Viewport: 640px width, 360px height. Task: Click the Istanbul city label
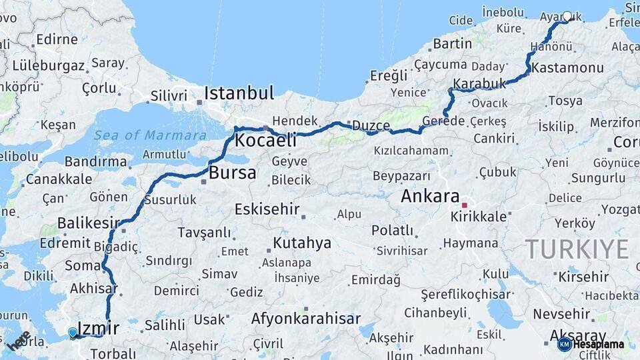[239, 93]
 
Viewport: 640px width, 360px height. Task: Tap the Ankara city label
[430, 197]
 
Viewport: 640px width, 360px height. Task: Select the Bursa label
[232, 173]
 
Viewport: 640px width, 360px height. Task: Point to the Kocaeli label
[265, 141]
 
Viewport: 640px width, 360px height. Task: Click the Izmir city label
[98, 328]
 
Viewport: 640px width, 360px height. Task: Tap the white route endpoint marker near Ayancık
[567, 17]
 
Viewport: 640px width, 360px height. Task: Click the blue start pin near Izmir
[73, 332]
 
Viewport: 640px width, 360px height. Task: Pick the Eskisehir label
[267, 209]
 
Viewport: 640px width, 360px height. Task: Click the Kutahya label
[302, 243]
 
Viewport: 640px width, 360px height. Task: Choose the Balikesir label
[88, 223]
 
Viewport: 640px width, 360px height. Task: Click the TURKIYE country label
[577, 249]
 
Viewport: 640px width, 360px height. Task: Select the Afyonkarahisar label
[305, 319]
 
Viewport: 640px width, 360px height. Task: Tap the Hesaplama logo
[591, 344]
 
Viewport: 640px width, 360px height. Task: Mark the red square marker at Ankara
[465, 205]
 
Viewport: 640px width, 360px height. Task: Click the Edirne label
[57, 39]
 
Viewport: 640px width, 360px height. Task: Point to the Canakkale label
[59, 179]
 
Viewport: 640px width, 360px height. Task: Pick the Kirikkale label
[479, 217]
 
